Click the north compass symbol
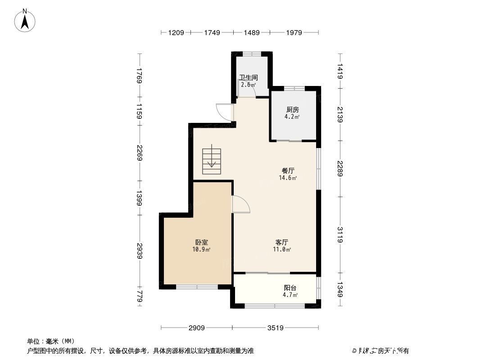tap(26, 20)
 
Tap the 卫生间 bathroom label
tap(248, 77)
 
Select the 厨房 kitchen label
tap(292, 109)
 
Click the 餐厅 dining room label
tap(288, 171)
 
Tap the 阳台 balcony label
tap(290, 288)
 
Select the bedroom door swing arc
tap(241, 205)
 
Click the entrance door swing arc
tap(224, 112)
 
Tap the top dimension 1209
tap(176, 32)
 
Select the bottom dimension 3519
tap(275, 328)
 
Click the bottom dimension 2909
tap(197, 328)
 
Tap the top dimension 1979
tap(294, 32)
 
